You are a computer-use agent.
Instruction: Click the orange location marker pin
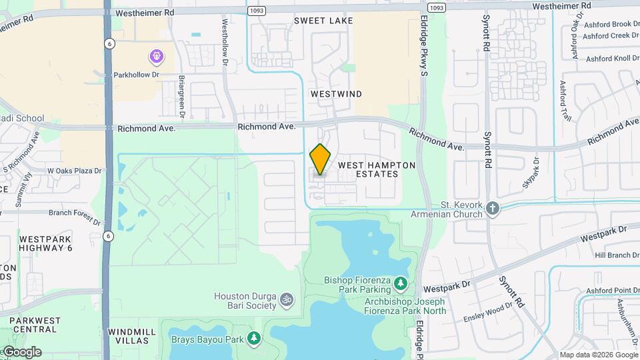tap(320, 160)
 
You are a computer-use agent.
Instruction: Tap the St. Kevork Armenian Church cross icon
tap(492, 208)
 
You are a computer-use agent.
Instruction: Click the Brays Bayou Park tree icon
tap(254, 339)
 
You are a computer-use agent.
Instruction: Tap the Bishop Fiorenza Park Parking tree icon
tap(400, 284)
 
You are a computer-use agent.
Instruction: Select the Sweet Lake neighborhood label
tap(324, 21)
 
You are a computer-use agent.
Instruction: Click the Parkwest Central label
tap(33, 325)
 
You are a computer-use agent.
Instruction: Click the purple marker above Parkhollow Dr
tap(156, 56)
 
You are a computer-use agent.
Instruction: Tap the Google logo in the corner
tap(21, 352)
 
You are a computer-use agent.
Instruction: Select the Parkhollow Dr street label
tap(137, 75)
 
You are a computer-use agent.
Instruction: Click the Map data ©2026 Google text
tap(598, 355)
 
